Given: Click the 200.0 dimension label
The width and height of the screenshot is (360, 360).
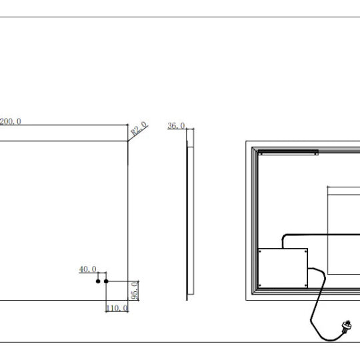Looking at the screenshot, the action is (10, 121).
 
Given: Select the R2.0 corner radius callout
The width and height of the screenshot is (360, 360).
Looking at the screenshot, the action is (139, 128).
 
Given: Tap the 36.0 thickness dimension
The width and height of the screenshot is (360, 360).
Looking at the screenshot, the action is (176, 125).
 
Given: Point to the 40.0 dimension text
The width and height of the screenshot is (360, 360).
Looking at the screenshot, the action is (88, 269).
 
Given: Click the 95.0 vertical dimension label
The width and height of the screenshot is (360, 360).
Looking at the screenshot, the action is (135, 291).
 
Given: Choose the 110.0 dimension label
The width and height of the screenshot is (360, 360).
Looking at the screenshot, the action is (117, 308).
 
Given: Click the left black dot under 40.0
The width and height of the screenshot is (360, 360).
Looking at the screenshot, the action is (98, 281).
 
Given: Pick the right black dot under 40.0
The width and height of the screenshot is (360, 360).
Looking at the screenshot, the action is (106, 281).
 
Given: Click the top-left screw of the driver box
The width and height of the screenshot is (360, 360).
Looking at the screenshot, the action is (260, 251).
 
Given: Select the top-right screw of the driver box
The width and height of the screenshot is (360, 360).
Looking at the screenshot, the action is (305, 251).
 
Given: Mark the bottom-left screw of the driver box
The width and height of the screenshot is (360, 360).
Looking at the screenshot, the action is (260, 285).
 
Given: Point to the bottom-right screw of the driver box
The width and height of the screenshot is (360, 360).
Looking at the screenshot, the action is (305, 285).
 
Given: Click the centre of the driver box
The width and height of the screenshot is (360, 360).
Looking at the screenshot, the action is (283, 268).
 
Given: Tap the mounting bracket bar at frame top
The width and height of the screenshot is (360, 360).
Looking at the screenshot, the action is (289, 153).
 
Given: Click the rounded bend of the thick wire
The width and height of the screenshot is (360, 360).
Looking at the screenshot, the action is (284, 237).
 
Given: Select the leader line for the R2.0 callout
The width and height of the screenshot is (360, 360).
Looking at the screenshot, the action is (138, 133).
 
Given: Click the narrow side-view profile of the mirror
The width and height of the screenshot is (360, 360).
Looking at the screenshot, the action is (190, 215).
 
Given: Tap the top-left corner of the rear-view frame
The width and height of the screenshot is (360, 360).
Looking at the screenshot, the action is (246, 141).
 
